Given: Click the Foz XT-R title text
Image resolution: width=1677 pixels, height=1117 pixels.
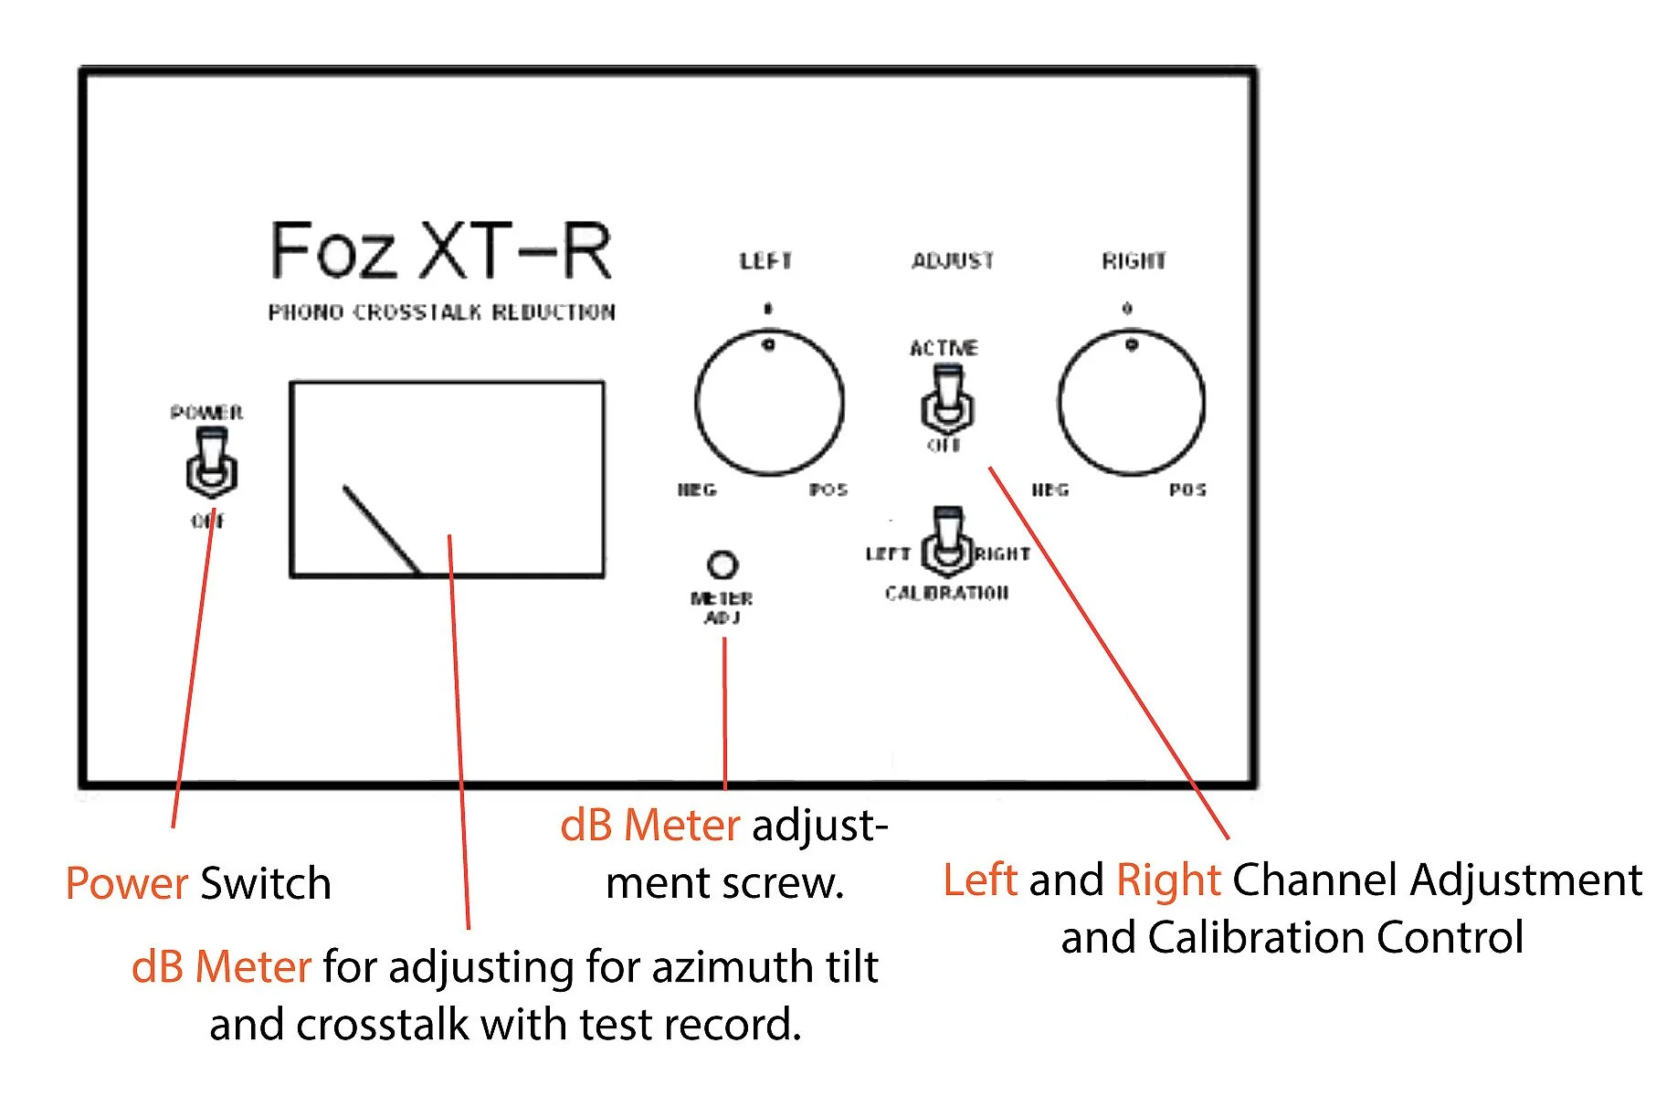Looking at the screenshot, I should pos(440,250).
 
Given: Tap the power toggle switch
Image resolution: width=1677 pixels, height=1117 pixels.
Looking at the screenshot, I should pos(211,465).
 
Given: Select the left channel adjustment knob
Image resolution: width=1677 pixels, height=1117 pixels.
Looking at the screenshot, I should pos(769,403).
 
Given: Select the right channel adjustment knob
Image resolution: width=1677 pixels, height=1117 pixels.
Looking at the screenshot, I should pos(1131,403).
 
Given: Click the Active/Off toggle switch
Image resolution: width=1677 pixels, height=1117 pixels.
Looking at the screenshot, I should pos(947,399).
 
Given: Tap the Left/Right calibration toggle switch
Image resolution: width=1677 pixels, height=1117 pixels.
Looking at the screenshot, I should pos(947,543).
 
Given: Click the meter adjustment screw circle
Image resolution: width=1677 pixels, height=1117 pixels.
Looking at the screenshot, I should pos(722,564).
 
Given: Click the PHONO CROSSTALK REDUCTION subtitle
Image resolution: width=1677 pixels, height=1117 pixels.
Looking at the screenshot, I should pos(441,312).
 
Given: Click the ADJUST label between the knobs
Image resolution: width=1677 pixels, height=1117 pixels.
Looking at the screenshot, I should pos(953,261).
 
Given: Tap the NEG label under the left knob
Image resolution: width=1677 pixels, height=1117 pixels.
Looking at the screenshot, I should pos(697,490).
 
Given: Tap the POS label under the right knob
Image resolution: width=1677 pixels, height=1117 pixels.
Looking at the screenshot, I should pos(1187,490).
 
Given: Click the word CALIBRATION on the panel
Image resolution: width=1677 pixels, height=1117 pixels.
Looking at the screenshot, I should pos(946,594).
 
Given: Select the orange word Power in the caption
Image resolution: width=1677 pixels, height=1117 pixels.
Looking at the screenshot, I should pos(126,884).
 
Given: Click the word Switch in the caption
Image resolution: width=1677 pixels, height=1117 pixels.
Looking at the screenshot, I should pos(265,884).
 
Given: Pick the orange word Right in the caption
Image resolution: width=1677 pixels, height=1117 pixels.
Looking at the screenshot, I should pos(1168,880).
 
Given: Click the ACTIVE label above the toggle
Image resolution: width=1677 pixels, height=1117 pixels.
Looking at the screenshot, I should pos(944,348).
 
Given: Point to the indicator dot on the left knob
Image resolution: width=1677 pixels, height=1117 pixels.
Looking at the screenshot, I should pos(769,344).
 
